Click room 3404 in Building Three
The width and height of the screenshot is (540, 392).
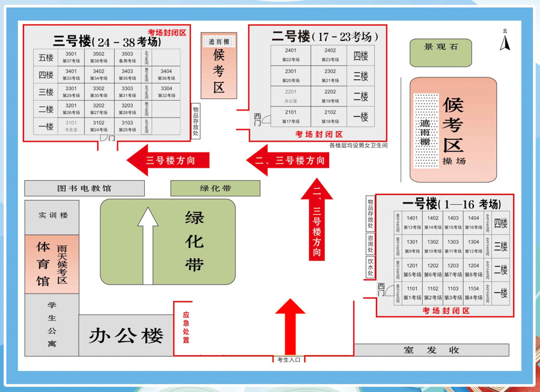tap(166, 74)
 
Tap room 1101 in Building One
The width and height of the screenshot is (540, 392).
tap(412, 292)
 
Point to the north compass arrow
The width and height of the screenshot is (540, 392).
tap(505, 43)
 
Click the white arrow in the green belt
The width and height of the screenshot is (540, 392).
tap(148, 246)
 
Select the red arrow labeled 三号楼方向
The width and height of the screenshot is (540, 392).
tap(168, 160)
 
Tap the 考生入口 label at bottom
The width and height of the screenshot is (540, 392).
tap(288, 360)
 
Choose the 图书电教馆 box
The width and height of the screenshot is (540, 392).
tap(84, 188)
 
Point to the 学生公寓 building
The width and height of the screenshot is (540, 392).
tap(52, 324)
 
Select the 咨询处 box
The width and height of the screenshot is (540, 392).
tap(371, 244)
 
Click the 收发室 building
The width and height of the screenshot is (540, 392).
tap(431, 350)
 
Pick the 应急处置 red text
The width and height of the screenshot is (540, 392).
tap(186, 328)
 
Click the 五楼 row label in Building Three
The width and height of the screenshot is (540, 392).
tap(46, 58)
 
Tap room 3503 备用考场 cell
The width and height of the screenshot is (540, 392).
tap(127, 58)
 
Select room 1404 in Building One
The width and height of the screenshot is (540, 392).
tap(473, 222)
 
